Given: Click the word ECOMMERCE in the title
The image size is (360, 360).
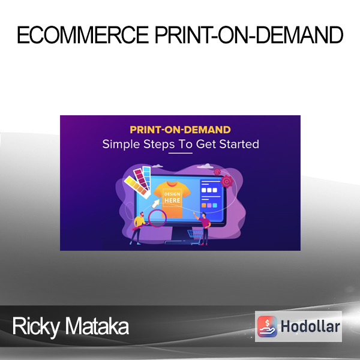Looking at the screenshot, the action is tap(83, 35).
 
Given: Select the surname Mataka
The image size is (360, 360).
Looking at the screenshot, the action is tap(97, 326).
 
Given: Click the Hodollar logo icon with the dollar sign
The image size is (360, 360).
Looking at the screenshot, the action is tap(267, 326).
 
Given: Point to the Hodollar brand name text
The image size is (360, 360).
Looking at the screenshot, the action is tap(310, 326).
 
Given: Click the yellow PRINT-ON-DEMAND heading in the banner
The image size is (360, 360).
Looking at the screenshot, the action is tap(180, 130).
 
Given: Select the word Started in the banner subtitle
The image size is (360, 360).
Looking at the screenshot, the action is tap(239, 144).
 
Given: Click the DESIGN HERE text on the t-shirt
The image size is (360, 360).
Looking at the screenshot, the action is tap(172, 197).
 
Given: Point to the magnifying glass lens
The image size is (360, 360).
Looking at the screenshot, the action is tap(157, 218).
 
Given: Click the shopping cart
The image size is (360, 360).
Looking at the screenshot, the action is tap(195, 237).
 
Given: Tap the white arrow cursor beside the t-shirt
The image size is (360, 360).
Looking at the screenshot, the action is tap(155, 203).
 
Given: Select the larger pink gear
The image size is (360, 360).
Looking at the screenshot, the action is tap(227, 181).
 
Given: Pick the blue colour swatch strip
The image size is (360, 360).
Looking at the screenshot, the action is tap(147, 177).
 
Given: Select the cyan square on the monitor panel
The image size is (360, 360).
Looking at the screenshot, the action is tap(215, 205).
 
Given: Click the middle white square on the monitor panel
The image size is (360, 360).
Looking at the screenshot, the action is tap(209, 190).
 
